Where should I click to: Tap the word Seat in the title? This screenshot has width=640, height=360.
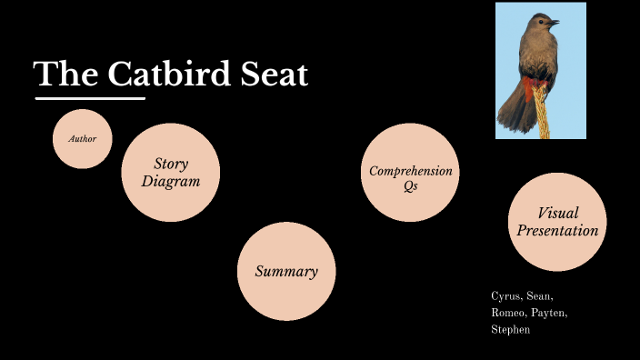272,75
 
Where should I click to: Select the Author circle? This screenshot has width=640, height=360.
83,139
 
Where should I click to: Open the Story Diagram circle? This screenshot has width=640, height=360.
171,173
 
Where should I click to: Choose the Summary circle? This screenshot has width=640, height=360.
286,272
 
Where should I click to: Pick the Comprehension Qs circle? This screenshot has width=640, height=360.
410,174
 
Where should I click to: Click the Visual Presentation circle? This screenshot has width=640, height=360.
557,222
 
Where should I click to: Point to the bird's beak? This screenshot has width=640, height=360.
553,22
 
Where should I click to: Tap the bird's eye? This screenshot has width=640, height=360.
542,20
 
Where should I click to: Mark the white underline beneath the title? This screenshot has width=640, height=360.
90,97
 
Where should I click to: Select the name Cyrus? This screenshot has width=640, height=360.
505,297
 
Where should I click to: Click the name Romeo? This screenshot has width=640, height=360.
507,314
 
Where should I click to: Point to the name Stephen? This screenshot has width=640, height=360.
510,330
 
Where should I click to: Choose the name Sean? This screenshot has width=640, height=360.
539,297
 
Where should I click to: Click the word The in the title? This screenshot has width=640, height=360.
60,75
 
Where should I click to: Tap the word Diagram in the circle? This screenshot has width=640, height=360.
170,181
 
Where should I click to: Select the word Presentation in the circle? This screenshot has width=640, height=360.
557,230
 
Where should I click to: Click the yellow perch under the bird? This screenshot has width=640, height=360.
545,123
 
